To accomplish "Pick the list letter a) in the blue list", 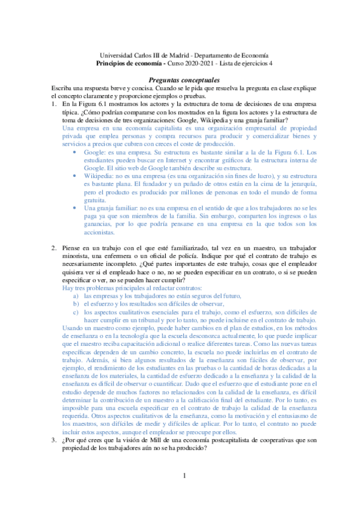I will pyautogui.click(x=76, y=295).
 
